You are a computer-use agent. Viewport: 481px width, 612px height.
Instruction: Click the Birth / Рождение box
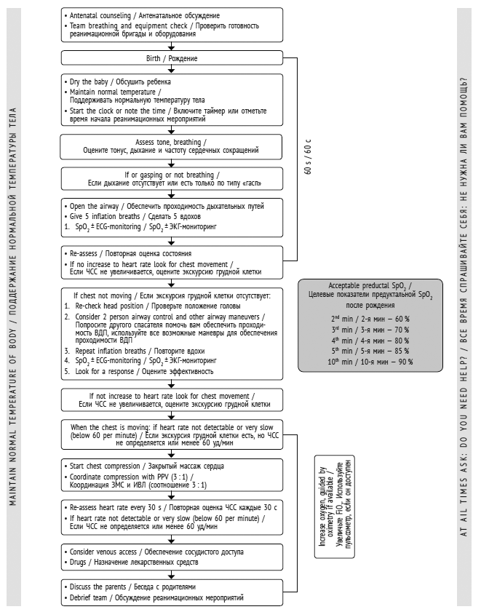pos(171,58)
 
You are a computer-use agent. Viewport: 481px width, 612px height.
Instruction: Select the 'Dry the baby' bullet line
pos(121,82)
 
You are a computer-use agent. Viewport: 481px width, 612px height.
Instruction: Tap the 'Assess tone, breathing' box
pos(171,146)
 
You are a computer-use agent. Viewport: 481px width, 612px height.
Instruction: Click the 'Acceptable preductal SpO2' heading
pos(371,285)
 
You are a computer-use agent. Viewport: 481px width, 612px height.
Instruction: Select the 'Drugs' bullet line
pos(124,562)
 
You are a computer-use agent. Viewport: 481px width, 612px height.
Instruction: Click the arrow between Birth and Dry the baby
pos(171,70)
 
